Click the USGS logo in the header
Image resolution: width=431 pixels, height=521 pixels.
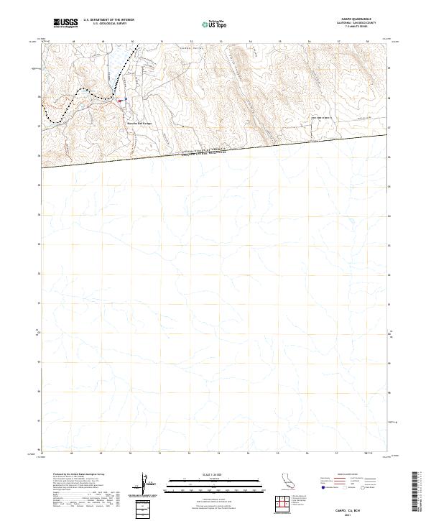pos(65,23)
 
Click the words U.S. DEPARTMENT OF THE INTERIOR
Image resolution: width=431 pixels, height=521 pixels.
pos(108,20)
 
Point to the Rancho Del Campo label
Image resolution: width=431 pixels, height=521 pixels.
pos(141,122)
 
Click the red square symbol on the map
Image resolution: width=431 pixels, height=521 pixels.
pos(119,101)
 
